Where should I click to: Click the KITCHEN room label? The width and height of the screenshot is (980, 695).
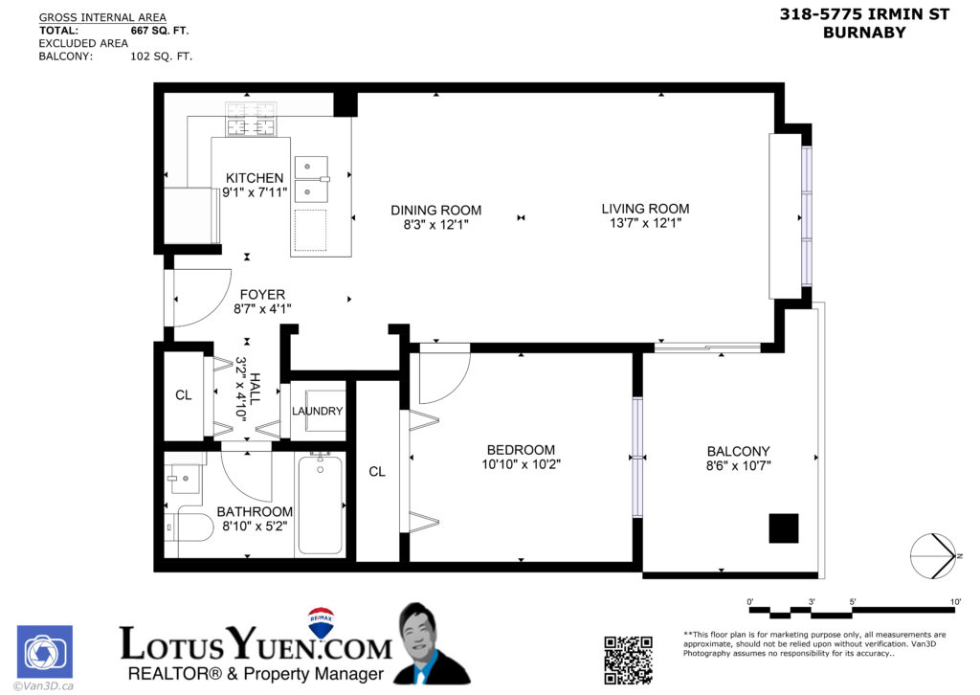tap(255, 178)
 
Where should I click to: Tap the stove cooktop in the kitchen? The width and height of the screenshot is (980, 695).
tap(250, 120)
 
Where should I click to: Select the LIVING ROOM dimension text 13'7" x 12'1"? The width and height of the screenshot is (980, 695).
tap(645, 224)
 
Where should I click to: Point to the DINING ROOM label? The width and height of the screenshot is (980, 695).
tap(435, 211)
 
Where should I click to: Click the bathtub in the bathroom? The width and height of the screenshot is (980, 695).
tap(321, 504)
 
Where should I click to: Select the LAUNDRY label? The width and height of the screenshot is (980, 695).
tap(317, 412)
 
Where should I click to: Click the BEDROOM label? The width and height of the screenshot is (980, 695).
tap(521, 450)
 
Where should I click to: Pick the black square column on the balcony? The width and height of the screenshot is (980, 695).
tap(783, 527)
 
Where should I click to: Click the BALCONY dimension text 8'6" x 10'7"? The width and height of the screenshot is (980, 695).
tap(738, 466)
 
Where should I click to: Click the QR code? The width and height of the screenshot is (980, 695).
tap(628, 659)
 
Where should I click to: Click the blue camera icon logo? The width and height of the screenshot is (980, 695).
tap(44, 653)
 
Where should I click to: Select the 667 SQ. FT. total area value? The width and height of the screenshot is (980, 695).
tap(160, 31)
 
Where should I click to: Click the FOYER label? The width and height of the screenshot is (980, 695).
tap(262, 295)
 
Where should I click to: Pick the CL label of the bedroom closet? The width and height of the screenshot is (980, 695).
tap(377, 472)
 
